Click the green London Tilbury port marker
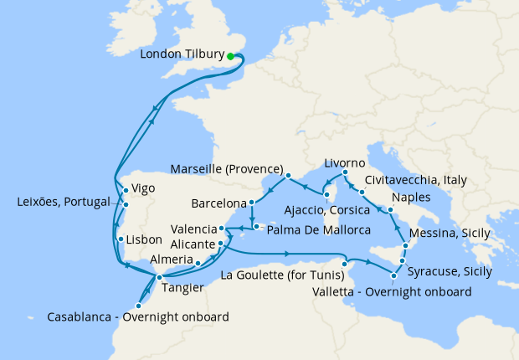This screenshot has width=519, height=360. click(230, 56)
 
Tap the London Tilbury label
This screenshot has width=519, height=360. click(182, 55)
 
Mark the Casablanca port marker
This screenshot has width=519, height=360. click(137, 306)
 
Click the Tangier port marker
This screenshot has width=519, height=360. click(158, 276)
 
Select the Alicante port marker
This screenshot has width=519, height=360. click(220, 244)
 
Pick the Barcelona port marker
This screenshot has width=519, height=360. click(251, 203)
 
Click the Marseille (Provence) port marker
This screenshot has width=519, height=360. click(287, 175)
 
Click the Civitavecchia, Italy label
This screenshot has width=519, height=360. click(416, 180)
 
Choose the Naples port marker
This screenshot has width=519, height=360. click(390, 208)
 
